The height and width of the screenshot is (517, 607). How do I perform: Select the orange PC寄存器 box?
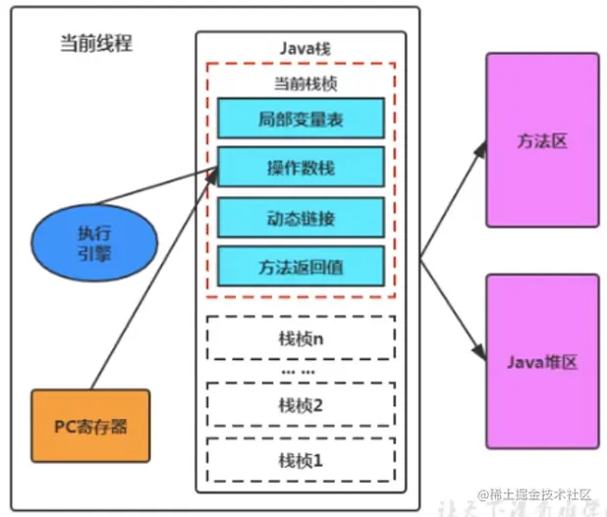pyautogui.click(x=90, y=426)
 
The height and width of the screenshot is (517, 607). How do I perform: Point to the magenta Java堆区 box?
pyautogui.click(x=542, y=362)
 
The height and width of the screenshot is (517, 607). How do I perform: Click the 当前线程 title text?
pyautogui.click(x=95, y=44)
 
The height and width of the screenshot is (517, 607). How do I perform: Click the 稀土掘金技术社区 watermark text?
pyautogui.click(x=534, y=494)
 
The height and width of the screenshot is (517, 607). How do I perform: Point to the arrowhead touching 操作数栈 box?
pyautogui.click(x=210, y=174)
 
